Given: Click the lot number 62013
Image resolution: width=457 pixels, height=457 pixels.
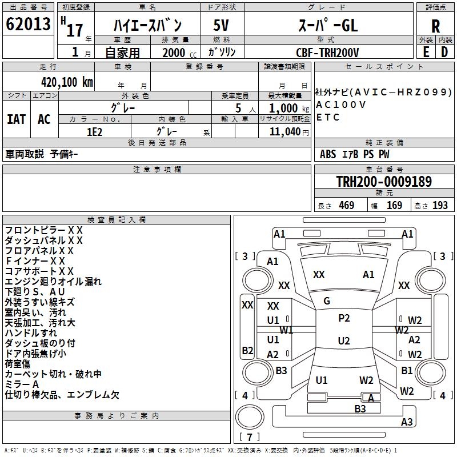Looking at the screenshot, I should point(28,25).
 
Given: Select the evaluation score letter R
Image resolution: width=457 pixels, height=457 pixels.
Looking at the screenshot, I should point(435,26).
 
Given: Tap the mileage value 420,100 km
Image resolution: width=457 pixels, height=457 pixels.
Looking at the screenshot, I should point(67,82).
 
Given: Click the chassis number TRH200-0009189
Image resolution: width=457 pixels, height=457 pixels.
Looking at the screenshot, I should point(384,182).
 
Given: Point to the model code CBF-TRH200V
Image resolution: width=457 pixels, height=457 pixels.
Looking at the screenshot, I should point(327,53).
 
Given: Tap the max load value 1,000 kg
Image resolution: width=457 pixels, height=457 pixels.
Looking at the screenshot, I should point(284,108).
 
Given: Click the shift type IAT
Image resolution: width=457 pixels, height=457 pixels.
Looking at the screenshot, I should point(16,119).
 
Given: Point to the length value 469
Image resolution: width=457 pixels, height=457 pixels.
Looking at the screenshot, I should point(346,206).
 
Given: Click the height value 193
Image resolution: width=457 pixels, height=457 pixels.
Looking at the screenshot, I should point(440,206).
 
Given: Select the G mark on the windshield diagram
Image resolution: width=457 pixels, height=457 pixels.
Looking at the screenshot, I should point(327,301).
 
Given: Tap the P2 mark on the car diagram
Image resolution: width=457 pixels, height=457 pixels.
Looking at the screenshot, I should point(344,318).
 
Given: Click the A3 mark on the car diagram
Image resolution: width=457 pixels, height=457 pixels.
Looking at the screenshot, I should point(407,422).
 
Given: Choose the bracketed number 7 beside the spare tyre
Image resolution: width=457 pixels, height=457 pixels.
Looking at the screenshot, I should point(249,438).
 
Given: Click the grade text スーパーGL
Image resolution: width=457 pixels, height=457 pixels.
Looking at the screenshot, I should point(327,26).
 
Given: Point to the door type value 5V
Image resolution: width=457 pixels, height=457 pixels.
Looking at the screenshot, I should point(222,26).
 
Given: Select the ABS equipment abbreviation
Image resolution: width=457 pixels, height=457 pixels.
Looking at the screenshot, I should point(328,154).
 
